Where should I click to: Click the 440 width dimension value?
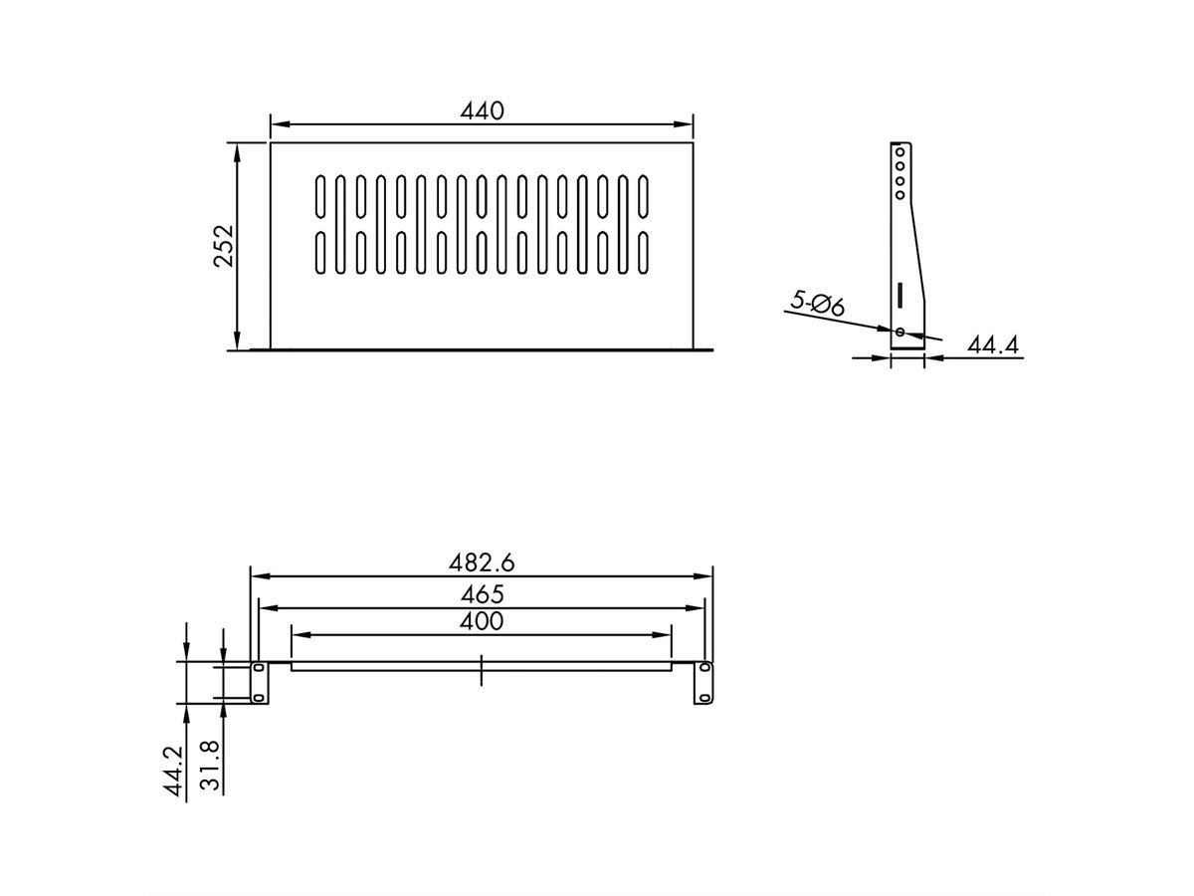click(482, 111)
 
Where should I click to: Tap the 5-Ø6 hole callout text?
click(818, 303)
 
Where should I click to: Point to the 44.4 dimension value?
click(992, 344)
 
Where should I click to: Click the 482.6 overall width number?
click(482, 562)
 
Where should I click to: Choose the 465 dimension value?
click(482, 593)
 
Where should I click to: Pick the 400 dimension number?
click(482, 622)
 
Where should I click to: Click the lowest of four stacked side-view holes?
click(899, 195)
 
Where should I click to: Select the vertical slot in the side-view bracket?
click(898, 296)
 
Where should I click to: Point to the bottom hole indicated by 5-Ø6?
click(899, 332)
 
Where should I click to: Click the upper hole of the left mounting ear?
click(258, 667)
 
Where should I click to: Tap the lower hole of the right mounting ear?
click(704, 697)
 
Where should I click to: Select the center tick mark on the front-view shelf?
click(481, 669)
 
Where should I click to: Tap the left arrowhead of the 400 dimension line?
click(297, 635)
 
